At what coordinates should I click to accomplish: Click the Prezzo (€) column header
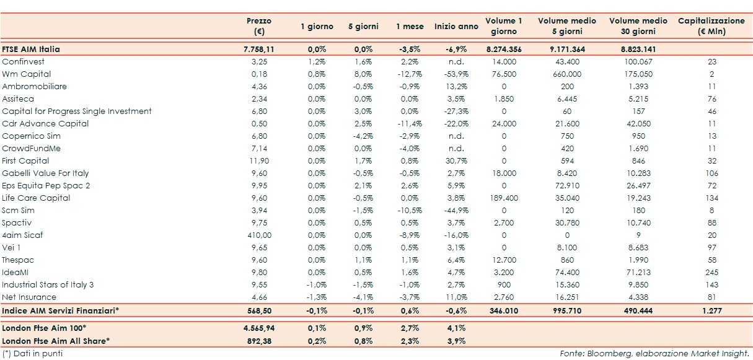click(259, 26)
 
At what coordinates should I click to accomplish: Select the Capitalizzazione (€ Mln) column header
click(711, 26)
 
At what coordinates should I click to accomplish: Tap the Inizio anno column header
click(456, 27)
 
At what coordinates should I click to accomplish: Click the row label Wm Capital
click(27, 74)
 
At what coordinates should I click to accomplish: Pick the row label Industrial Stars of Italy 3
click(48, 285)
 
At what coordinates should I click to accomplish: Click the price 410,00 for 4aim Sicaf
click(259, 235)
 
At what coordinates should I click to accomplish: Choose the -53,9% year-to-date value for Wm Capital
click(456, 74)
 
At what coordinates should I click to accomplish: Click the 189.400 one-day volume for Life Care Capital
click(503, 198)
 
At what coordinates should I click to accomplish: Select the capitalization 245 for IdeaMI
click(711, 273)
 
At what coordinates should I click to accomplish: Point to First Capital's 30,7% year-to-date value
click(456, 161)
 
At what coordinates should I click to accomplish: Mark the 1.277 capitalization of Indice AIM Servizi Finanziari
click(711, 310)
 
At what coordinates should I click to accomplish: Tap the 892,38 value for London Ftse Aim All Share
click(259, 340)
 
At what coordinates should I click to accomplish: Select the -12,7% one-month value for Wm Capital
click(410, 74)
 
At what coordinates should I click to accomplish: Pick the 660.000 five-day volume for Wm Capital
click(567, 74)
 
